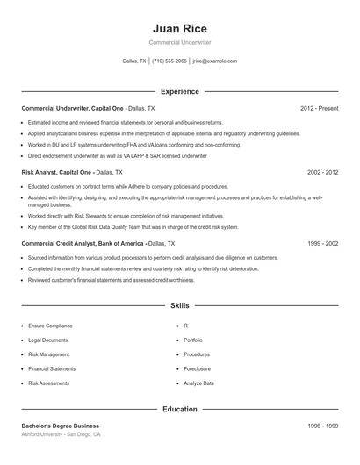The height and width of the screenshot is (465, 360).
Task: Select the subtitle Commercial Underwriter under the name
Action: (x=179, y=42)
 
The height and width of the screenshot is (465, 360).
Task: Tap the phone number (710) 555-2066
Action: (x=169, y=61)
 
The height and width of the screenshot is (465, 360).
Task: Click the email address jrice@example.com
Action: (x=215, y=61)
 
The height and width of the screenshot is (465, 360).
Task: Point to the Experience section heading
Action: (x=179, y=91)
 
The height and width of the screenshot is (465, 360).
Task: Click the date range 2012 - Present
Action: (x=319, y=108)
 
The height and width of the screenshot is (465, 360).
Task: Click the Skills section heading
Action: (x=179, y=305)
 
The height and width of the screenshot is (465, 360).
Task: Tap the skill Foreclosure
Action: (x=198, y=369)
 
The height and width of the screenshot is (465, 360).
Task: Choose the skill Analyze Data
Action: (x=198, y=383)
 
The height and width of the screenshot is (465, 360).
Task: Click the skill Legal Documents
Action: (x=47, y=340)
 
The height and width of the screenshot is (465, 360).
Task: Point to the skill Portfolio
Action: (x=193, y=340)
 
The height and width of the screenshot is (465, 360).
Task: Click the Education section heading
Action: (x=179, y=409)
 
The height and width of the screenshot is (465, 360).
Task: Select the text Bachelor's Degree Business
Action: (x=61, y=426)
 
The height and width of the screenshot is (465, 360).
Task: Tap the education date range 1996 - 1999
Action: (x=322, y=426)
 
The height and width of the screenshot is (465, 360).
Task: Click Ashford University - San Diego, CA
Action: (x=61, y=434)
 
